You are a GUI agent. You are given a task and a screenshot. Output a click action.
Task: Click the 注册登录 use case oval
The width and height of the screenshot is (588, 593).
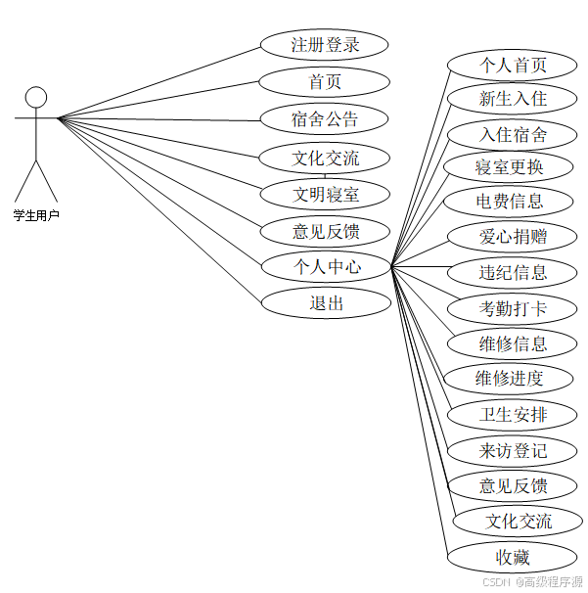click(x=325, y=45)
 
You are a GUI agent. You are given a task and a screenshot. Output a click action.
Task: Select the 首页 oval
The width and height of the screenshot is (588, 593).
click(x=325, y=82)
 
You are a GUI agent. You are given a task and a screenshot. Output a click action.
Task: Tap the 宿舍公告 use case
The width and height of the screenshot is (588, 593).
click(x=325, y=119)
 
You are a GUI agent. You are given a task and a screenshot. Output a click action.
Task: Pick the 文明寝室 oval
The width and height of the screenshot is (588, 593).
click(x=326, y=194)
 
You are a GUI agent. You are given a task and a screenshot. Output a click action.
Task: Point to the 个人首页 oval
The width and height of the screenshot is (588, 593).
click(x=513, y=66)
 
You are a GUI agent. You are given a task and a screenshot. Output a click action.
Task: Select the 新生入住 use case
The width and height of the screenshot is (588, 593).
click(x=513, y=99)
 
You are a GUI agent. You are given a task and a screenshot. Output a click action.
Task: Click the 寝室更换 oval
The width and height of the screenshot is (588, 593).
click(x=508, y=167)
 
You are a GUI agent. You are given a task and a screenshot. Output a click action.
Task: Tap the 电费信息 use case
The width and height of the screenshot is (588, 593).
click(x=510, y=203)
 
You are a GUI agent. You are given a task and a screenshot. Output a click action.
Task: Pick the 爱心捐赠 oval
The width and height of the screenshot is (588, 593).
click(x=513, y=237)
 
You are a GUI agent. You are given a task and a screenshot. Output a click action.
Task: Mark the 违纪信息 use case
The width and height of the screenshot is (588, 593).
click(x=513, y=272)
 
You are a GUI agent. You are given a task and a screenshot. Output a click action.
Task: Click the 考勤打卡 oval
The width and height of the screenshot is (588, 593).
click(x=513, y=309)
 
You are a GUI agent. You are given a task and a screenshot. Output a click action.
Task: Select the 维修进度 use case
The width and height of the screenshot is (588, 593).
click(x=509, y=378)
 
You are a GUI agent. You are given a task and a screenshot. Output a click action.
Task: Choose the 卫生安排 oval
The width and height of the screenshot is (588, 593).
click(x=513, y=414)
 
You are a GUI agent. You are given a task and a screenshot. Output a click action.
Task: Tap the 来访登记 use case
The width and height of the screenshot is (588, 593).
click(x=513, y=450)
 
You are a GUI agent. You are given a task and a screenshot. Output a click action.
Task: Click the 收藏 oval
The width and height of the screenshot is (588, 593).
click(x=513, y=558)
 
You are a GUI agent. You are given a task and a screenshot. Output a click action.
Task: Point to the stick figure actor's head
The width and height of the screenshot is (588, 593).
click(x=36, y=97)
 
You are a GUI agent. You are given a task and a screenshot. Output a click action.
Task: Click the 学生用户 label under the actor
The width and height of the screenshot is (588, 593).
click(x=36, y=214)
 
